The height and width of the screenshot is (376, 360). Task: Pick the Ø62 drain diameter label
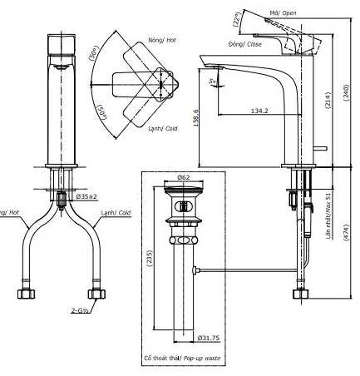[185, 177]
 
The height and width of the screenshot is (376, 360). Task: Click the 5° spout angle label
[214, 82]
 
